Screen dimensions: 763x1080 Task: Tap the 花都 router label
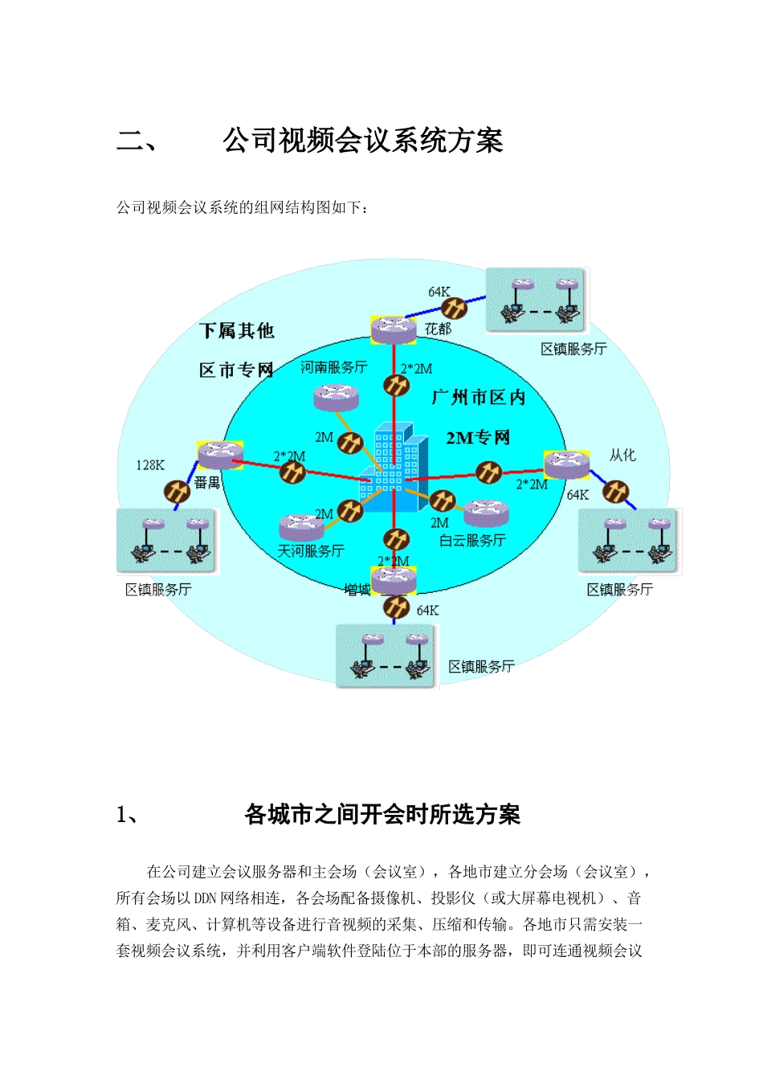coord(438,329)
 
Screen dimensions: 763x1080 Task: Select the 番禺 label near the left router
coord(207,483)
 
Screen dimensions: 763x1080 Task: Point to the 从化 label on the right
coord(622,456)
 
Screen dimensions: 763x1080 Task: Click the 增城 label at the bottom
coord(357,590)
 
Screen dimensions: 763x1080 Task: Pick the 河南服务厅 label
coord(333,367)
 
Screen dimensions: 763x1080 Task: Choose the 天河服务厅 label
coord(311,551)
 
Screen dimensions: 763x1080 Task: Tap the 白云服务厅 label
coord(472,541)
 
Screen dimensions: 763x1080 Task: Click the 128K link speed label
coord(150,465)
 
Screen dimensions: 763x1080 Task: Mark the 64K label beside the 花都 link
coord(439,292)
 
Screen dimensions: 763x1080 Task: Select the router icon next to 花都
coord(394,328)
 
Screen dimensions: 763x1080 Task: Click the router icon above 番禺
coord(220,455)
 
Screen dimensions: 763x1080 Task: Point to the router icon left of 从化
coord(567,463)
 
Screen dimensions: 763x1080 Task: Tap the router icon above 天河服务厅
coord(302,526)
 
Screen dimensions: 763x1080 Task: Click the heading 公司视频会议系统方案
coord(363,141)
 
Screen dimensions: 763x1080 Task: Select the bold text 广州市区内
coord(478,397)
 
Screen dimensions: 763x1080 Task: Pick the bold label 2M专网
coord(478,438)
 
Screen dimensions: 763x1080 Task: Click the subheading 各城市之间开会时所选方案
coord(382,815)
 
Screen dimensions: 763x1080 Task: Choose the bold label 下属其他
coord(237,331)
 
